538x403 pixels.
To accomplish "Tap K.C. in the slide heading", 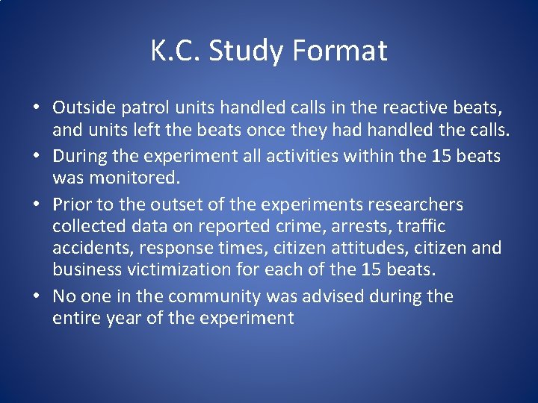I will pos(176,51).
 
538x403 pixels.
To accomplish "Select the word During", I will pos(79,157).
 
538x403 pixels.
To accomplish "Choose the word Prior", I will pos(72,204).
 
